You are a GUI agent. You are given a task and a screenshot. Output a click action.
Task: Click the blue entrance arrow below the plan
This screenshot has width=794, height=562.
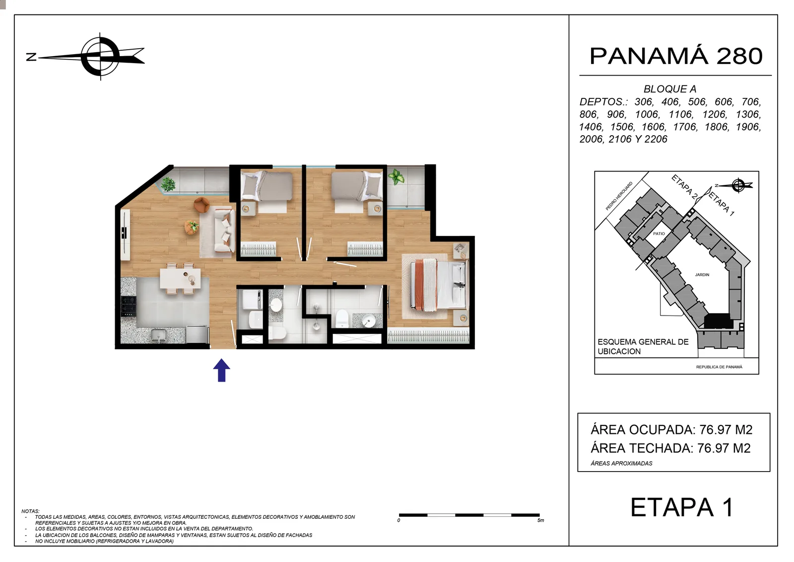[x=221, y=370]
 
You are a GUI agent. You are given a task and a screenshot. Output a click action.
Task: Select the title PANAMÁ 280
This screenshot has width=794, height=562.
[x=676, y=56]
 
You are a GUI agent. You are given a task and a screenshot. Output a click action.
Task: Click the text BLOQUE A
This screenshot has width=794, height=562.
[x=670, y=89]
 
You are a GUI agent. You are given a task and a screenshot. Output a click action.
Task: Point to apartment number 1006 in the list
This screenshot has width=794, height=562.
[x=647, y=114]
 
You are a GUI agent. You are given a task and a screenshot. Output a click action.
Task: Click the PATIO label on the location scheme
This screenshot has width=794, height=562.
[x=659, y=234]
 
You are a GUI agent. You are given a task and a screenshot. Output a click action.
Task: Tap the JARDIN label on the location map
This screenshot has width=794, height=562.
[x=702, y=275]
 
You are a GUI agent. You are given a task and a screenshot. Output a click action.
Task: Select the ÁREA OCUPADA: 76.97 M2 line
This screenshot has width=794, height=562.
[x=671, y=430]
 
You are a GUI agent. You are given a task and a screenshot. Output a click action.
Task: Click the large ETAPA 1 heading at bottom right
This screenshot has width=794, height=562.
[x=682, y=507]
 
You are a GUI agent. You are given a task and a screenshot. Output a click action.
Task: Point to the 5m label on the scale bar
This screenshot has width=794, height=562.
[x=540, y=520]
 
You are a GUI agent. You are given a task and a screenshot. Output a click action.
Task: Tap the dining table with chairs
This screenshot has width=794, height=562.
[x=180, y=278]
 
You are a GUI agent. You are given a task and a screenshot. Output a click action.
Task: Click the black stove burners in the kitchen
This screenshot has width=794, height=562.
[x=129, y=306]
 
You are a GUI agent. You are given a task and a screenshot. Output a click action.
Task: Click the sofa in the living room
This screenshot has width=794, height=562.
[x=224, y=231]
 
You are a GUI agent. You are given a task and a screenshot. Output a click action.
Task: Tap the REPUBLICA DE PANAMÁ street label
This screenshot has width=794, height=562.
[x=719, y=367]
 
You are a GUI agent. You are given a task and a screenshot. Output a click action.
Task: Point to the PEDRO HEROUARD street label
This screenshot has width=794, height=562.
[x=619, y=196]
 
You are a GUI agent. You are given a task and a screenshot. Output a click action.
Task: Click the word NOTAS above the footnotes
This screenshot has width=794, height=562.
[x=30, y=511]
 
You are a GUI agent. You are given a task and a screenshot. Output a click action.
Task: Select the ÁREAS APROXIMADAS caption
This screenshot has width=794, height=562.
[x=621, y=463]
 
